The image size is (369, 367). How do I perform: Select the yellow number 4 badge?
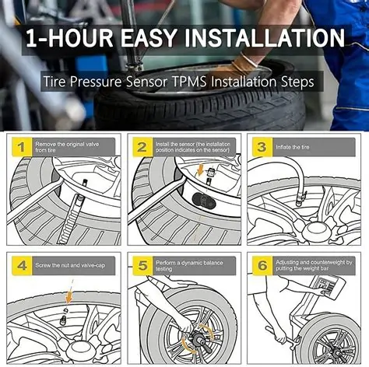click(x=20, y=266)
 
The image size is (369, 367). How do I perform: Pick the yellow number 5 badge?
click(x=142, y=266)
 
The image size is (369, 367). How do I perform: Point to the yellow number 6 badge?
click(x=262, y=266)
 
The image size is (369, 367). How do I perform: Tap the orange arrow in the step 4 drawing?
click(x=69, y=296)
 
